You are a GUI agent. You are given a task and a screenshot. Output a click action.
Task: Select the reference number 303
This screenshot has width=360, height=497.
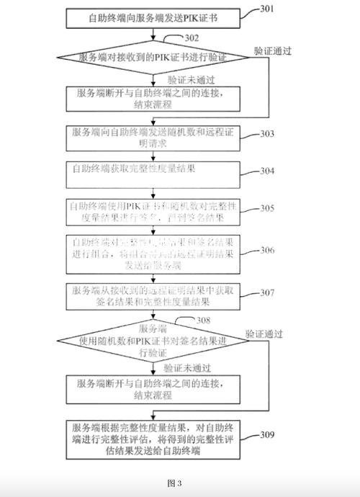tap(267, 134)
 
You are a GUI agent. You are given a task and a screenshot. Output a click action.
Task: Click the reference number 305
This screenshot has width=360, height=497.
tap(267, 209)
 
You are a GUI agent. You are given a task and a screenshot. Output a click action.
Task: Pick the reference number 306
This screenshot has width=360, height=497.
tap(267, 250)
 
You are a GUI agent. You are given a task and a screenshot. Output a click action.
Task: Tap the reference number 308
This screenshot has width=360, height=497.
tap(203, 319)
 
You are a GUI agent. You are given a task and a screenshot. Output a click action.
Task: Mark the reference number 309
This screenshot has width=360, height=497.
tap(267, 434)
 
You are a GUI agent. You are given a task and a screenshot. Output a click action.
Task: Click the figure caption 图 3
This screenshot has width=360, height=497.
tap(174, 482)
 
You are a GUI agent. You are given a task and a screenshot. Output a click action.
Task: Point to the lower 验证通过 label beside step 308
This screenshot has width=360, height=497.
tap(264, 334)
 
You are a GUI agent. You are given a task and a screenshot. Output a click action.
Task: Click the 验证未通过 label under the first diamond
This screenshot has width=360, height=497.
tap(189, 80)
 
